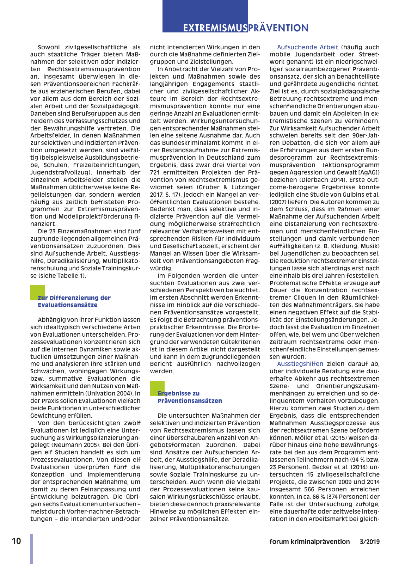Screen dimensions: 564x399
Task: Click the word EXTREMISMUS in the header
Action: point(215,28)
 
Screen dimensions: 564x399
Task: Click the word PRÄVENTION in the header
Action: point(278,28)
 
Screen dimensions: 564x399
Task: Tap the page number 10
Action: point(16,541)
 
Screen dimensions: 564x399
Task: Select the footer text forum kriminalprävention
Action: point(309,542)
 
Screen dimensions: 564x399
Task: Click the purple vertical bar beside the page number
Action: point(32,548)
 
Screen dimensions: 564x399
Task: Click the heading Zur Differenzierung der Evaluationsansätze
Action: point(74,301)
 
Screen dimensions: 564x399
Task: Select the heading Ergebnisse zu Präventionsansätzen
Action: point(190,397)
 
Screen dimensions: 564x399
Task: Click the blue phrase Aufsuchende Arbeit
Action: point(307,47)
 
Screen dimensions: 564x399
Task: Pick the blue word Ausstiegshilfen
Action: point(300,364)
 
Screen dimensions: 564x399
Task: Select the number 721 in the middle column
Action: point(155,172)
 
